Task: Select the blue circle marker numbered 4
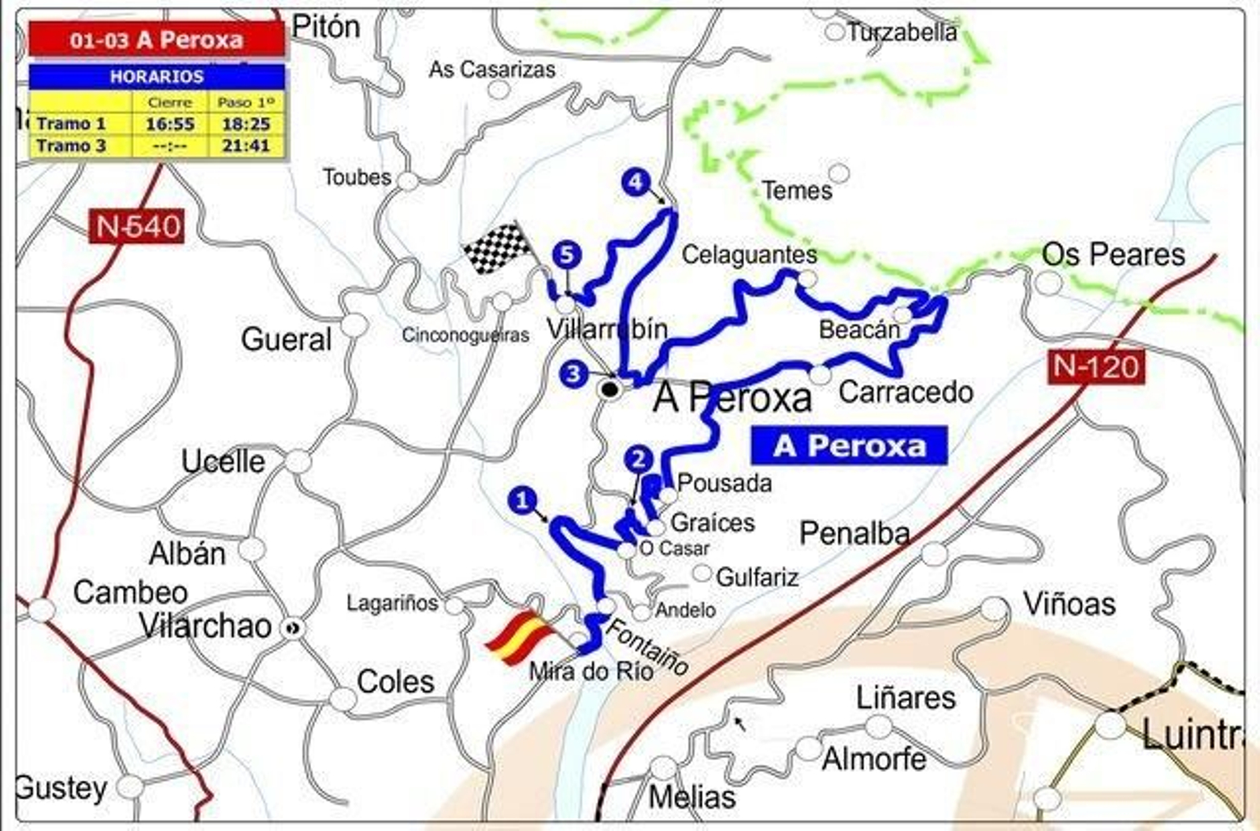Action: [x=635, y=182]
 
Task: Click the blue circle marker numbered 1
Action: [x=522, y=500]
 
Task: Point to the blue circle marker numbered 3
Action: [x=574, y=373]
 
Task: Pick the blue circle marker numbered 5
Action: [x=566, y=254]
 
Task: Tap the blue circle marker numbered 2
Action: [x=638, y=459]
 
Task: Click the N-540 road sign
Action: [x=136, y=227]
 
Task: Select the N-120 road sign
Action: [x=1096, y=367]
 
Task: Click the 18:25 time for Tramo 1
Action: [x=246, y=124]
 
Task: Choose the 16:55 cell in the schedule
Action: [x=170, y=124]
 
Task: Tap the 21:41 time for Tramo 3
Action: [x=246, y=146]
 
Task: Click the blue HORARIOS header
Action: [x=157, y=76]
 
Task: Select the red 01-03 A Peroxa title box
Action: [x=157, y=39]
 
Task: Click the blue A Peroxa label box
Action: [x=849, y=446]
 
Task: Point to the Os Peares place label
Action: [x=1113, y=254]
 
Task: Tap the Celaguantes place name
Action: [x=749, y=254]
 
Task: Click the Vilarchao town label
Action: [x=206, y=626]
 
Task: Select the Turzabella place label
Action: [x=902, y=32]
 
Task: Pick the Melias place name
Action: [x=691, y=796]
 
